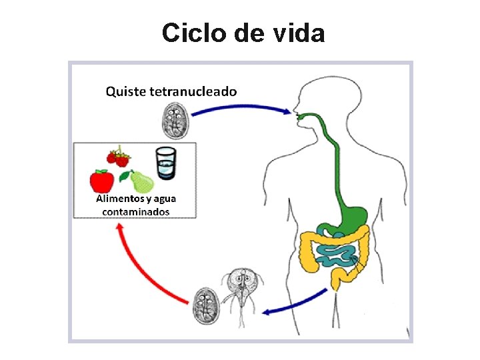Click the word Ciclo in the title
click(193, 33)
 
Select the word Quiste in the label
click(127, 91)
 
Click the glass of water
click(165, 163)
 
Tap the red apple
click(102, 181)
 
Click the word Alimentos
click(120, 199)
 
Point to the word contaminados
click(136, 212)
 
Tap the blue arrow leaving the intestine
click(293, 303)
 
